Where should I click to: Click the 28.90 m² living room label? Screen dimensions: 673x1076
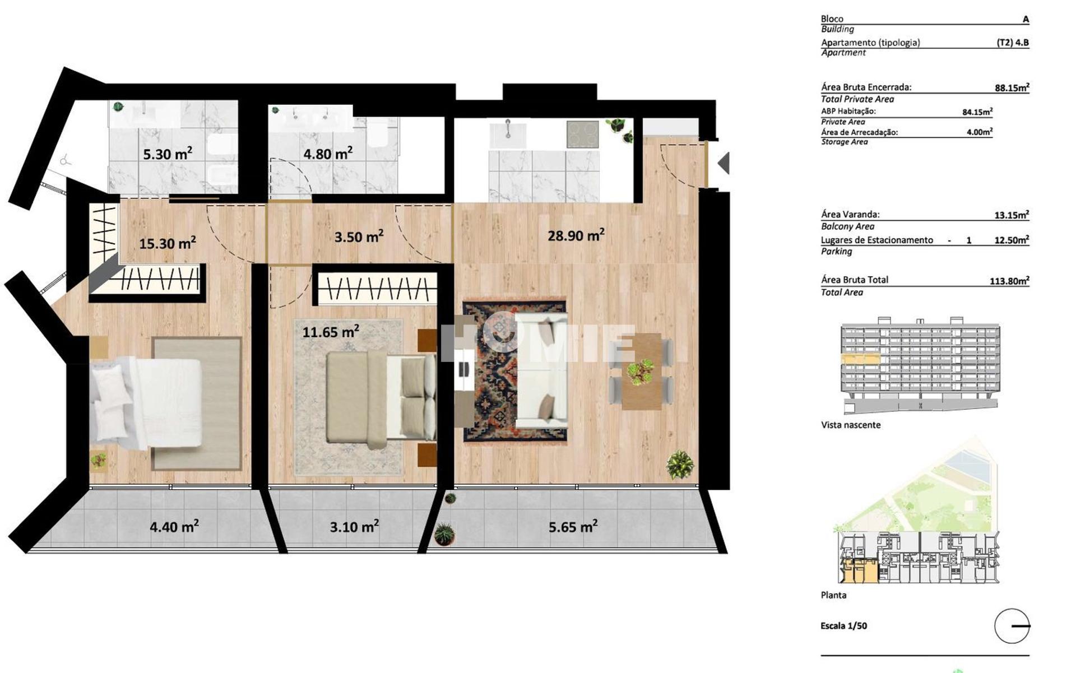click(576, 235)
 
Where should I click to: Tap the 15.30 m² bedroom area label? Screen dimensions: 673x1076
click(167, 243)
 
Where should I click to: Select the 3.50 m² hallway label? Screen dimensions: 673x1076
click(359, 236)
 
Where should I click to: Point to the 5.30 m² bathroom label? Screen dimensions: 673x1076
click(167, 154)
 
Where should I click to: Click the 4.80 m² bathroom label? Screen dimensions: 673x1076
click(327, 153)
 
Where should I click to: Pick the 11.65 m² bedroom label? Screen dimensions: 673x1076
click(330, 332)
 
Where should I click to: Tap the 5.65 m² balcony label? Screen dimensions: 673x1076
click(572, 526)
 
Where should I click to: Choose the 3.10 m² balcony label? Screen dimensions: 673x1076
click(354, 527)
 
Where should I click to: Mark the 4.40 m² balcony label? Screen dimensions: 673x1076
click(174, 527)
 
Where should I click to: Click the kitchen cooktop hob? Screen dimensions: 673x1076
click(582, 134)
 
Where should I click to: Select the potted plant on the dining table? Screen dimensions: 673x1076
click(641, 372)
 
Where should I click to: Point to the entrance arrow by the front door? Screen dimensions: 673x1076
click(723, 163)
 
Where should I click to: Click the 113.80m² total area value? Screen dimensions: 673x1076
click(1009, 281)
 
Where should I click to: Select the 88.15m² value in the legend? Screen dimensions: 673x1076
click(1012, 88)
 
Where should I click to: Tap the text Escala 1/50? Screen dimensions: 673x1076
click(843, 626)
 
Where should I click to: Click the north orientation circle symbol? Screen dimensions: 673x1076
click(1012, 626)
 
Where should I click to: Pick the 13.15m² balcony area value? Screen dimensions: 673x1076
click(1012, 215)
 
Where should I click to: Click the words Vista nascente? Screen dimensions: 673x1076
click(851, 425)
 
